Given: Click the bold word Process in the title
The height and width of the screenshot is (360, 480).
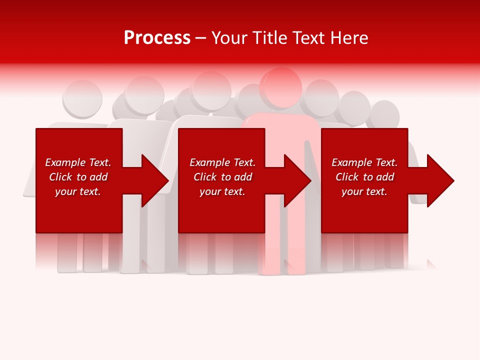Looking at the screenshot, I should click(x=157, y=38).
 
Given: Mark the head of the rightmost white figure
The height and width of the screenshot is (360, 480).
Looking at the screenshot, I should click(x=385, y=114).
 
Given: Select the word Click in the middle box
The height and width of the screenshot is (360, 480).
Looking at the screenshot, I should click(x=205, y=177).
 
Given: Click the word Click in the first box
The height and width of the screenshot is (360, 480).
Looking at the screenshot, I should click(x=60, y=177).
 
